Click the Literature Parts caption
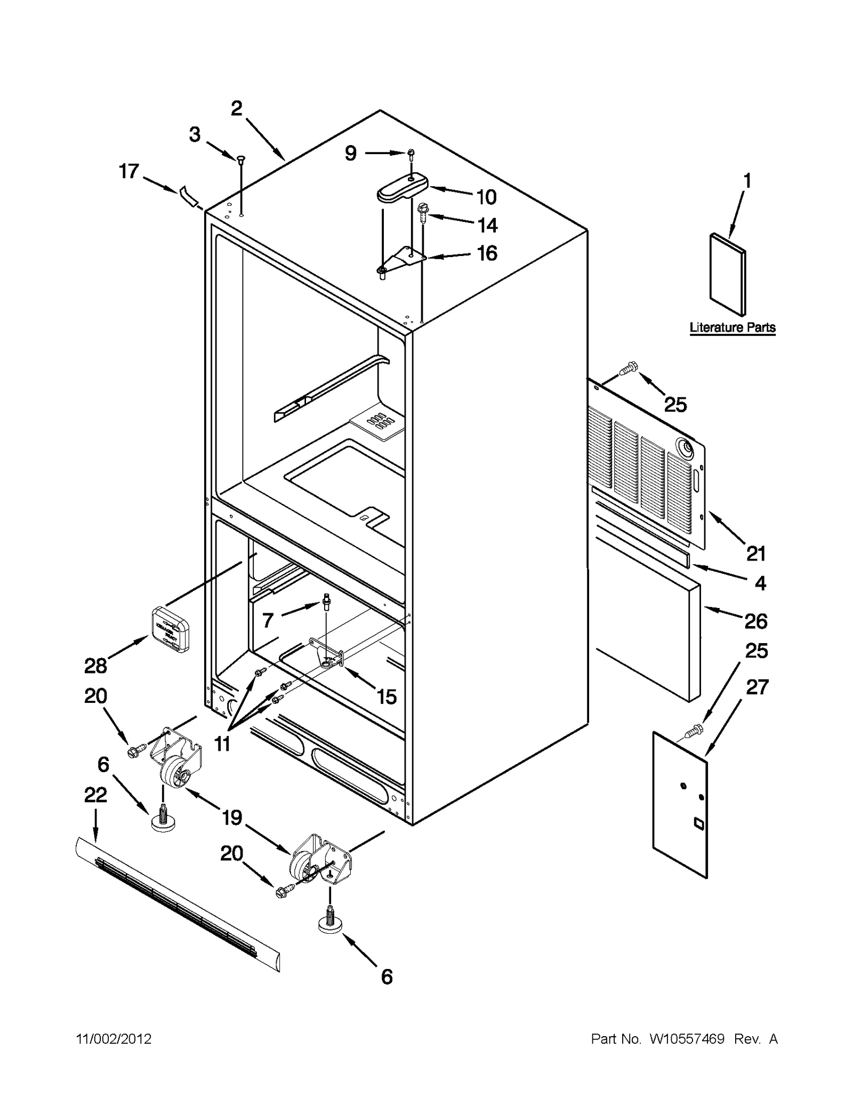[x=732, y=327]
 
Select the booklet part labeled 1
[x=728, y=274]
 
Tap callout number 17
[x=128, y=172]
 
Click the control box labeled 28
[x=170, y=629]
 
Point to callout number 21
[x=755, y=554]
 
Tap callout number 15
[x=387, y=696]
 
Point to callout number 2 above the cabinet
[x=236, y=108]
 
